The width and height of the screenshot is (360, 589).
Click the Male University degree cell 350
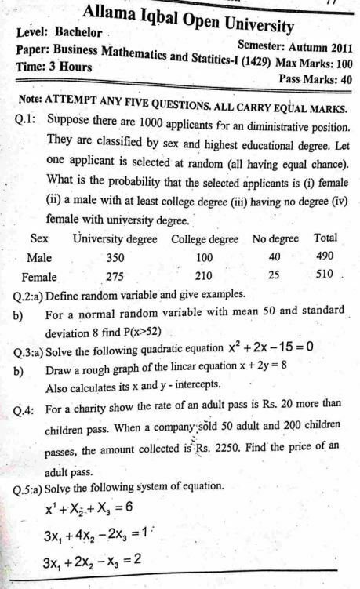115,256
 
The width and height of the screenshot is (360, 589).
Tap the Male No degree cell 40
274,256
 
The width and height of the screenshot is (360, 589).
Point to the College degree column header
205,238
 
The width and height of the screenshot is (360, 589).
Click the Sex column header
39,237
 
